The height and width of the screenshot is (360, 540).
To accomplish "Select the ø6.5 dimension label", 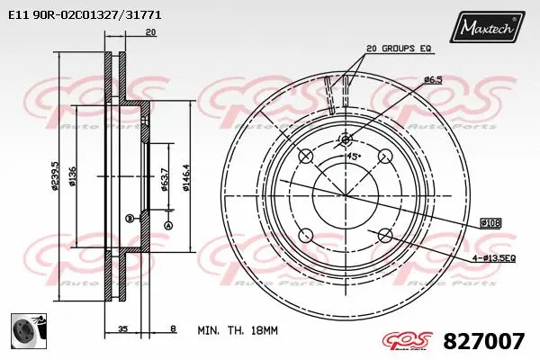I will point(435,80).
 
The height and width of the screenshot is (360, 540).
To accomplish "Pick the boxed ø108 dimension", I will point(490,221).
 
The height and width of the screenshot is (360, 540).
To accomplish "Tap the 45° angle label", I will point(354,156).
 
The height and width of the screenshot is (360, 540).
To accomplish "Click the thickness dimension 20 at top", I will point(150,32).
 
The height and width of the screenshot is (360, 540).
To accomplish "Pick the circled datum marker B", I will point(129,218).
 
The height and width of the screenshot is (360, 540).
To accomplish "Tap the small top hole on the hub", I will point(344,139).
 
